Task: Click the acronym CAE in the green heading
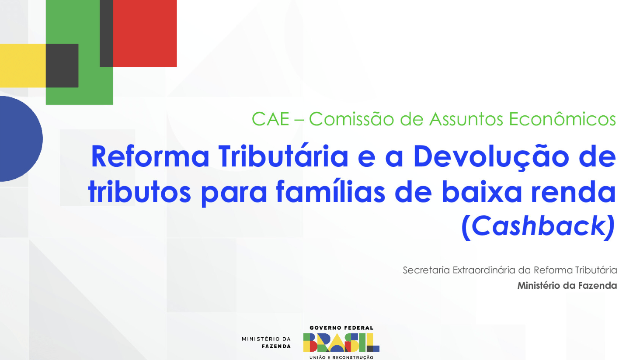(x=271, y=119)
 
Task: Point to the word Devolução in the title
(x=491, y=157)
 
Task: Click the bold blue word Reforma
(x=150, y=156)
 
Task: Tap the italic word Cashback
(x=538, y=226)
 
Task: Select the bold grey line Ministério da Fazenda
(x=567, y=285)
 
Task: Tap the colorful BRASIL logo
(x=341, y=343)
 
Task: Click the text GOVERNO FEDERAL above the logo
(x=341, y=328)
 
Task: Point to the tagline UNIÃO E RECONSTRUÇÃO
(x=341, y=357)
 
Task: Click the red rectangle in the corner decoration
(x=145, y=33)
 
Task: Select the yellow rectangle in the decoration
(x=23, y=66)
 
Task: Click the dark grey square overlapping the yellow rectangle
(x=62, y=66)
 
